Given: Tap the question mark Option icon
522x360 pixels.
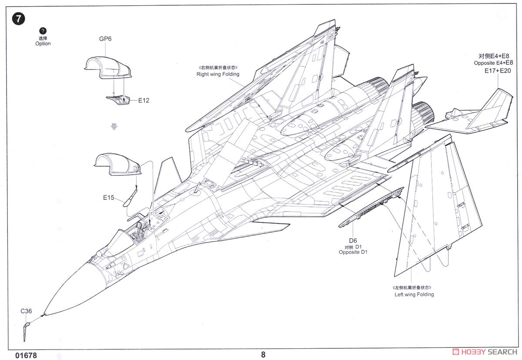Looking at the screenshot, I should coord(43,30).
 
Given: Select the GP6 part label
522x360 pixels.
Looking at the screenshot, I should coord(105,39).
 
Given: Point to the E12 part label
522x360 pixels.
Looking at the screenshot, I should coord(144,101).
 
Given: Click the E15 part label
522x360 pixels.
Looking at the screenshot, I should coord(108,198).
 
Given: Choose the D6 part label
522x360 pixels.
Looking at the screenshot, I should coord(352,241).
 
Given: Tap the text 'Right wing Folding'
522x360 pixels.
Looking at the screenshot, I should coord(218,74).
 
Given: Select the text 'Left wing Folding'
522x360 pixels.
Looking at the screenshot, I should coord(414,294).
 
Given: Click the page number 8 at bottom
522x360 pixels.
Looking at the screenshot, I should coord(263,354).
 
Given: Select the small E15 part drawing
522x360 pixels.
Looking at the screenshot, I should coord(130,198).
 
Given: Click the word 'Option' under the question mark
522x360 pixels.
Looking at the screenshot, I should coord(43,44).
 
